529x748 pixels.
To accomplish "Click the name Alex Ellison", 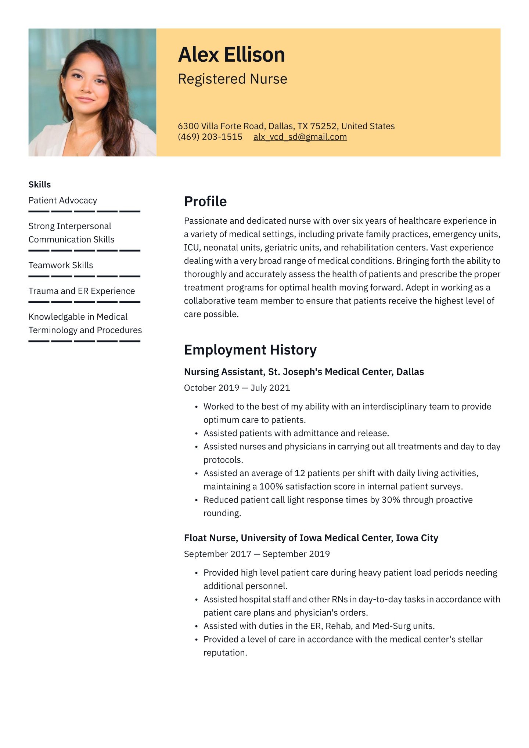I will point(231,55).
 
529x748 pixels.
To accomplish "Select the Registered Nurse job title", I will point(233,79).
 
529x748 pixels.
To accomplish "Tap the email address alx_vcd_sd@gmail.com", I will point(300,137).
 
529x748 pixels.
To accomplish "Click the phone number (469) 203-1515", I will point(210,137).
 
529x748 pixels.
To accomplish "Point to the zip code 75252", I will point(323,126).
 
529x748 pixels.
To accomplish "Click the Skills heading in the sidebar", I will point(40,184).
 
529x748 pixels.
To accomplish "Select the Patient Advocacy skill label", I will point(63,201).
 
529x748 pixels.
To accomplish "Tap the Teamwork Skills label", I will point(61,265).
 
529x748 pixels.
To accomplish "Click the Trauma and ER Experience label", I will point(82,291).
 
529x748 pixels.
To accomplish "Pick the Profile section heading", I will point(205,201).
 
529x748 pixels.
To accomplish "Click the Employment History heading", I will point(250,350).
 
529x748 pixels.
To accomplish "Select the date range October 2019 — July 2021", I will point(237,388).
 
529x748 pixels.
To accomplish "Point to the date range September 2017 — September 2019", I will point(257,554).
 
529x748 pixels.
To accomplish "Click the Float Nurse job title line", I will point(311,538).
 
